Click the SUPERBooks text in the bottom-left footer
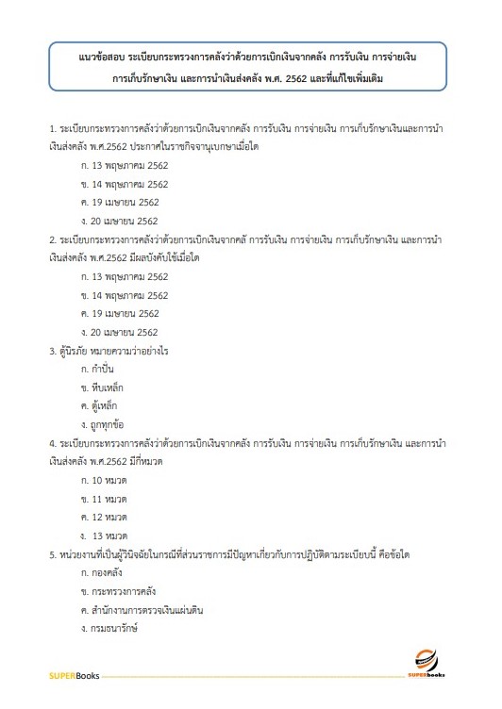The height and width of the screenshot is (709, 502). [x=75, y=676]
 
